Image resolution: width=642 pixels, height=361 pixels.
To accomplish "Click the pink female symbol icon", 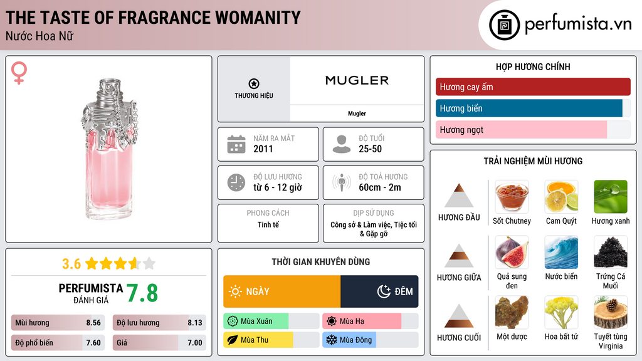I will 19,74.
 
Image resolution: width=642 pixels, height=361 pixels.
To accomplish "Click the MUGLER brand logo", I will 357,80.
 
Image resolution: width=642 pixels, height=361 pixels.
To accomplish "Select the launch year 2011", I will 263,149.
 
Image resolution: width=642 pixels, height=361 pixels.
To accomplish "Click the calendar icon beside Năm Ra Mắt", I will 236,144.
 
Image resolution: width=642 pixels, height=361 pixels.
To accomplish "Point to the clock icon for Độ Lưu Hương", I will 236,182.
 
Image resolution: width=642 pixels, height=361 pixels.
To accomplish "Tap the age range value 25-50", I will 370,149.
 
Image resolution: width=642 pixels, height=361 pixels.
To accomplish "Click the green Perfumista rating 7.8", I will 142,293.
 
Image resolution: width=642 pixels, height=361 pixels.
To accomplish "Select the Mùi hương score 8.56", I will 93,323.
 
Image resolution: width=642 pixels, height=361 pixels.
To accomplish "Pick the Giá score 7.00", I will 194,343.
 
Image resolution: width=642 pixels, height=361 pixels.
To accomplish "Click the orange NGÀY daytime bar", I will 282,291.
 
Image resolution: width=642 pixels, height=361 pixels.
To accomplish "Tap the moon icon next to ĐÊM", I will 384,291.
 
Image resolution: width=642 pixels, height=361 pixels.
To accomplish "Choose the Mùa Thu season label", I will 254,340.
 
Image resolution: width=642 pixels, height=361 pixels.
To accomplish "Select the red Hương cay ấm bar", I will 532,87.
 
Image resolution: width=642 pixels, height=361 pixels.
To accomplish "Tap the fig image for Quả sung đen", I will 512,253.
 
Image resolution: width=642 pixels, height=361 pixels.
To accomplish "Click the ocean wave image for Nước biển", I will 561,253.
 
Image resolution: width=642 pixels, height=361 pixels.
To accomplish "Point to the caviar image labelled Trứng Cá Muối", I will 610,253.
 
